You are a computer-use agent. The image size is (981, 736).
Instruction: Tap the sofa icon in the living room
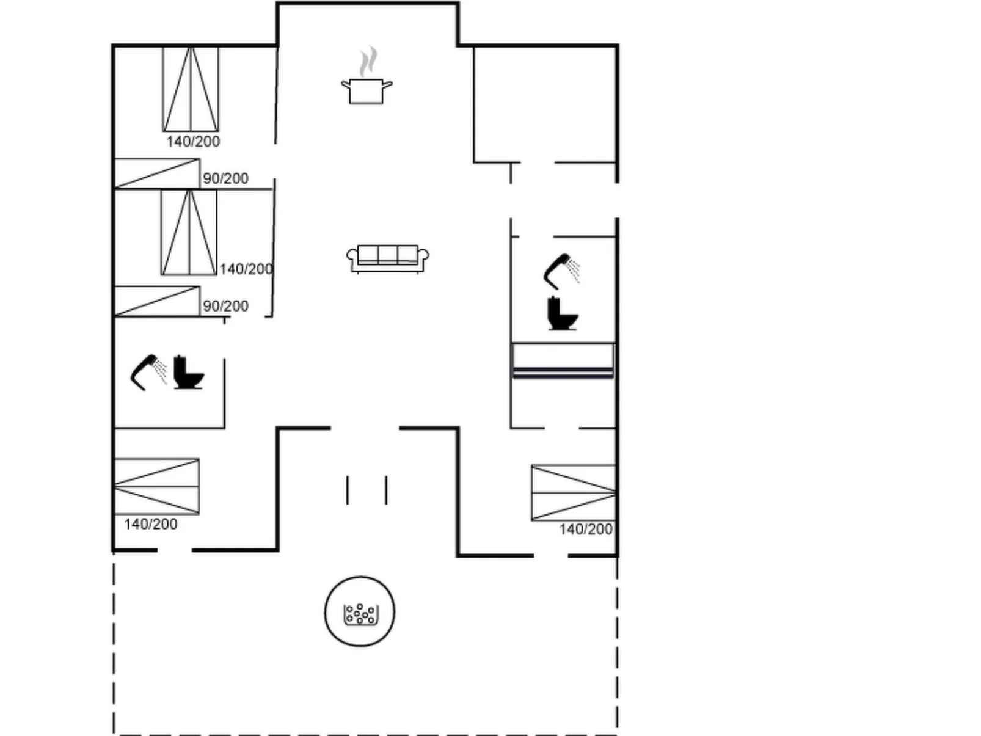tap(387, 258)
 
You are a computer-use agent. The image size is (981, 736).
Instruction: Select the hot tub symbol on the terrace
tap(360, 611)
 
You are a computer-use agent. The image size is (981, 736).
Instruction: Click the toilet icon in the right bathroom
tap(562, 314)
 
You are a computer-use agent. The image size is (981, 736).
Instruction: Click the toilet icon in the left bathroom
tap(188, 373)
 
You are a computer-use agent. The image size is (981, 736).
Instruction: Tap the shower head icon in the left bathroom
tap(148, 371)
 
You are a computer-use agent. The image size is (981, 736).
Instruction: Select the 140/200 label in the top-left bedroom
tap(193, 142)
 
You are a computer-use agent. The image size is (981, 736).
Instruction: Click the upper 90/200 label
tap(225, 178)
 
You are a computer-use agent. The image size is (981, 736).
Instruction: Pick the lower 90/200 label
tap(225, 306)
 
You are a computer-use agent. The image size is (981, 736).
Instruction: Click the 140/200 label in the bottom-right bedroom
tap(586, 530)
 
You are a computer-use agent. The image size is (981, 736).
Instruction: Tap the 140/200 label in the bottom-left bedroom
tap(151, 524)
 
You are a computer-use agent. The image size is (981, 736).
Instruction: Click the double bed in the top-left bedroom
tap(191, 89)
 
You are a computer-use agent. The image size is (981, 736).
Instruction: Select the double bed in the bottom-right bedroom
tap(573, 493)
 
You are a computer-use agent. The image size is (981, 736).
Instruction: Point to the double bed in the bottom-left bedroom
tap(157, 486)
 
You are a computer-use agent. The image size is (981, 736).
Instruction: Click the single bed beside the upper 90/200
tap(158, 173)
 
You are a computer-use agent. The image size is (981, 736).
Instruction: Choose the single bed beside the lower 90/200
tap(158, 301)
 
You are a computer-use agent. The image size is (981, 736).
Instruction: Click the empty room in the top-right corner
tap(544, 104)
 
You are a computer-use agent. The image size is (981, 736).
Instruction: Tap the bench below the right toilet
tap(563, 360)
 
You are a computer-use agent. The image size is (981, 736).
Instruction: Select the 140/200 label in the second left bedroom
tap(246, 269)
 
